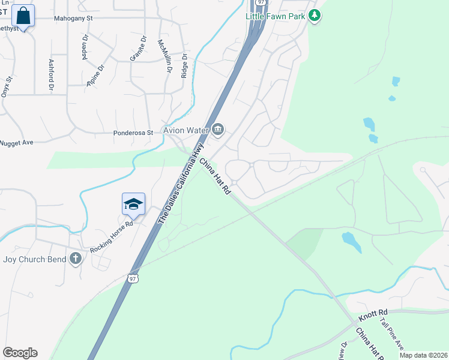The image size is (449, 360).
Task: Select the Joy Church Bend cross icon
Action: (75, 259)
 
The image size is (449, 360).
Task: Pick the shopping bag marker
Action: (23, 16)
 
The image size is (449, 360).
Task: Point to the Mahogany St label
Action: (73, 19)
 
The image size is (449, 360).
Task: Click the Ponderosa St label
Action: (134, 133)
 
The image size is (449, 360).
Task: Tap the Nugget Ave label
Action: (16, 142)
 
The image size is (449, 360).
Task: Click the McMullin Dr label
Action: (161, 55)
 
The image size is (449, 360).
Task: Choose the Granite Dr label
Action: (138, 49)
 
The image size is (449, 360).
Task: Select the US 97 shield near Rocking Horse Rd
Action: (133, 278)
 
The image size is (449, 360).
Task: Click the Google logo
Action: (20, 353)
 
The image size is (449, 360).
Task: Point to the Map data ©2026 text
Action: (423, 355)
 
